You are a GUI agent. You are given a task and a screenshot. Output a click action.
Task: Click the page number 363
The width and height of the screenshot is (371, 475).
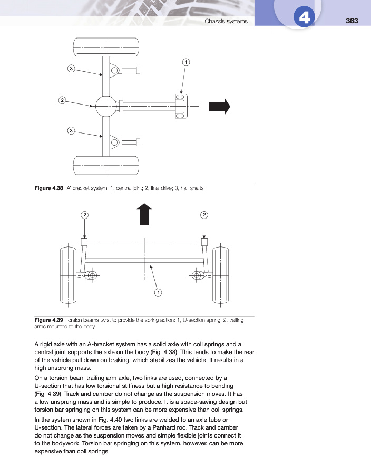[x=352, y=21]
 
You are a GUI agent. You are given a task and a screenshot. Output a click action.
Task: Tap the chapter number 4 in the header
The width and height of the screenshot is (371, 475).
[x=303, y=18]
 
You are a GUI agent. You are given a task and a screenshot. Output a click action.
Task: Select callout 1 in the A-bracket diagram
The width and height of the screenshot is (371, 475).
[x=185, y=62]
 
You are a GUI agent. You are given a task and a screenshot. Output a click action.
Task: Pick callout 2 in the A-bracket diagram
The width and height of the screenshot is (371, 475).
[x=62, y=100]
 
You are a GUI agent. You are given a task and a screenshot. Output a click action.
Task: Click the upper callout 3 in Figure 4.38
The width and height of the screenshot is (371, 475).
[x=71, y=68]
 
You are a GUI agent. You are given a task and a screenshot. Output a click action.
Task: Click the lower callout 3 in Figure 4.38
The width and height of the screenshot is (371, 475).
[x=71, y=130]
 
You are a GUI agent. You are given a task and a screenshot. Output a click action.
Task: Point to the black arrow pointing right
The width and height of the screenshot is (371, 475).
[x=219, y=106]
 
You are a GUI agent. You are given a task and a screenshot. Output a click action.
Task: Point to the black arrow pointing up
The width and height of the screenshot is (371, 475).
[x=144, y=214]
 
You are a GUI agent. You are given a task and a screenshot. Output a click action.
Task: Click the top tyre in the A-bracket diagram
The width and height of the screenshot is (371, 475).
[x=106, y=49]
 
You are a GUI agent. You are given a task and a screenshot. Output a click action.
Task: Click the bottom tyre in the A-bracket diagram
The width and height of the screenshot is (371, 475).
[x=106, y=166]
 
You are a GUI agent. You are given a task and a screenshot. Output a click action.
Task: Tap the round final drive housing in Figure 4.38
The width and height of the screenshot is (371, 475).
[x=106, y=107]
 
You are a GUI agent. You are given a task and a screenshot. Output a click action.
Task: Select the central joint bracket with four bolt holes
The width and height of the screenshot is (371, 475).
[x=179, y=106]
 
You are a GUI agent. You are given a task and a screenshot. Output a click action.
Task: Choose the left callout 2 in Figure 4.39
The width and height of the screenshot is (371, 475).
[x=84, y=214]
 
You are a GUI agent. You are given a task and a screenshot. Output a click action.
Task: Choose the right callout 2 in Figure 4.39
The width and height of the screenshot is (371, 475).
[x=204, y=214]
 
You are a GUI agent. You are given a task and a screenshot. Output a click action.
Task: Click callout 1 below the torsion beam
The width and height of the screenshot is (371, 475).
[x=158, y=292]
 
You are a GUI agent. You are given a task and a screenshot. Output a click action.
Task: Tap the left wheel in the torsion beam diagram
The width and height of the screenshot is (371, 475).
[x=69, y=275]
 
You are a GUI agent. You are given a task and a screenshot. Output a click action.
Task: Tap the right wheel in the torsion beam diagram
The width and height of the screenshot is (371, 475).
[x=219, y=275]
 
